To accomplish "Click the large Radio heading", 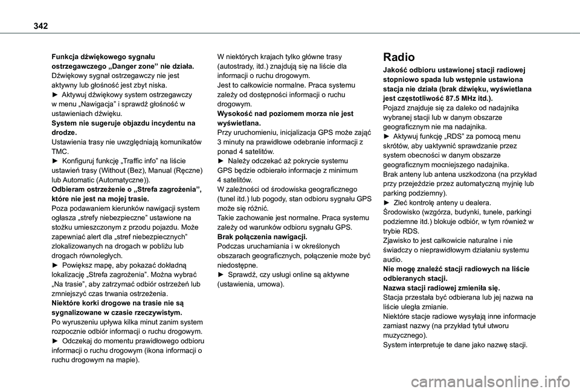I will coord(399,57).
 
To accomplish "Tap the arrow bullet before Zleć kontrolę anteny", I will coord(387,202).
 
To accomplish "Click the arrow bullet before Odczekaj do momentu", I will coord(56,341).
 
